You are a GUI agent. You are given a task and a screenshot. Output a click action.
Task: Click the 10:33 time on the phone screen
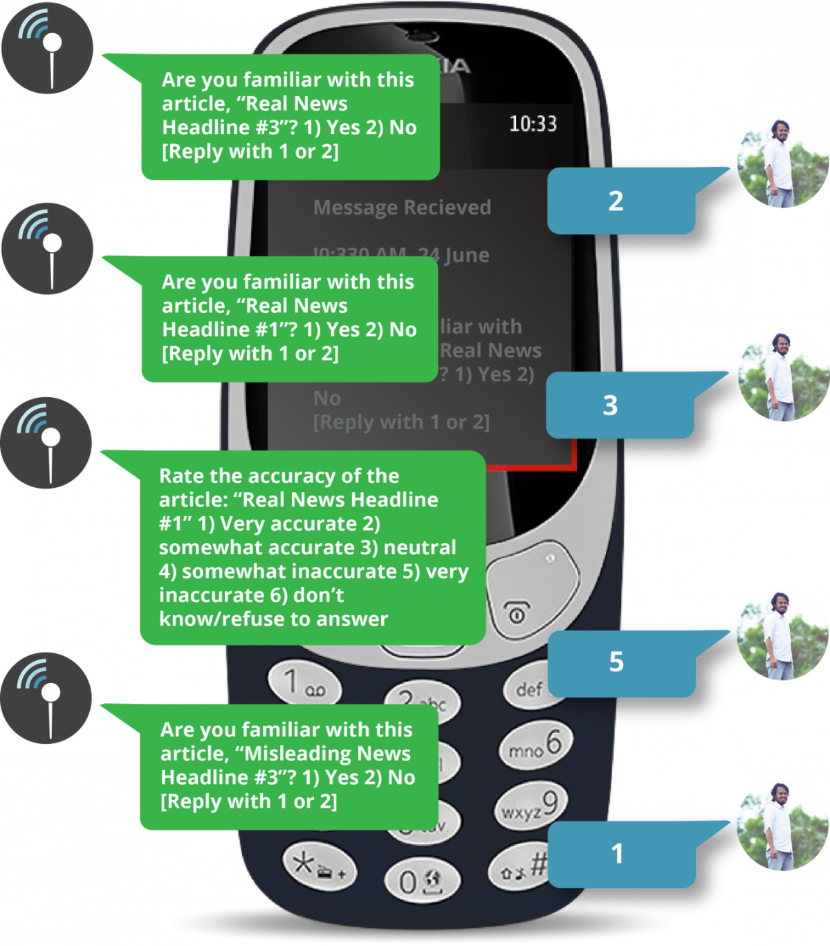tap(533, 124)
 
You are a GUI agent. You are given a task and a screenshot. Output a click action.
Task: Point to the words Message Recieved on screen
tap(402, 208)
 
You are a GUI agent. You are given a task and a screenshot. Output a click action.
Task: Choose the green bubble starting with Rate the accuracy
tap(313, 547)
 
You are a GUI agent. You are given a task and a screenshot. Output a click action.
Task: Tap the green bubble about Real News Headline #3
tap(290, 116)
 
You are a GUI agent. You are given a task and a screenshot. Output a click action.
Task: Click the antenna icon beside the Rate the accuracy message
tap(47, 444)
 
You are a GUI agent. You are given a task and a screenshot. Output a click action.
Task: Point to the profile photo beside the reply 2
tap(782, 162)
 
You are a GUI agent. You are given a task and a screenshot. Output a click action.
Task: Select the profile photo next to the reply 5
tap(782, 635)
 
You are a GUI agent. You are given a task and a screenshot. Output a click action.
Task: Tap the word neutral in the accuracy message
tap(420, 547)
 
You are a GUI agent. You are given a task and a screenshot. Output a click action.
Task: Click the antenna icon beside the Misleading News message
tap(47, 698)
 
